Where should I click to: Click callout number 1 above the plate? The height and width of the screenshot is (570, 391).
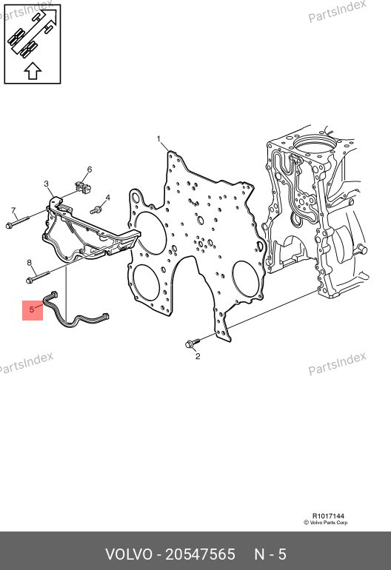click(158, 139)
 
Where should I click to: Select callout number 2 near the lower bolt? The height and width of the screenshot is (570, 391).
click(198, 356)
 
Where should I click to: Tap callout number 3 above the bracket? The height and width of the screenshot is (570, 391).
click(46, 184)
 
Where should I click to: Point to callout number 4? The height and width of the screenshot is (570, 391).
click(107, 198)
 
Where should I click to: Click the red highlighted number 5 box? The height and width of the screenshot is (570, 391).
click(33, 310)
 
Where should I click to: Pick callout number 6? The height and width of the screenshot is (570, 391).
click(90, 170)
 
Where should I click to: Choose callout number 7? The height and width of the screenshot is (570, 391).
click(13, 210)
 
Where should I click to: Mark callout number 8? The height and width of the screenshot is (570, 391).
click(29, 263)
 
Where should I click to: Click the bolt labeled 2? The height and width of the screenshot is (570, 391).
click(193, 343)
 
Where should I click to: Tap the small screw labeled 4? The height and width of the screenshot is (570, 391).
click(96, 209)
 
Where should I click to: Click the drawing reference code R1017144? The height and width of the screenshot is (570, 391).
click(328, 516)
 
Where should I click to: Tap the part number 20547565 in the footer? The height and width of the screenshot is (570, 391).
click(200, 554)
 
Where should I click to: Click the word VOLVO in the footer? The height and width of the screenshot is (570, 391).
click(129, 554)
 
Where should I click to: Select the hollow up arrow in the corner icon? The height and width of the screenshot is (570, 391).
click(33, 70)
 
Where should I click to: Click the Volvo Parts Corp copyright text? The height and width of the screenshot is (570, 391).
click(326, 523)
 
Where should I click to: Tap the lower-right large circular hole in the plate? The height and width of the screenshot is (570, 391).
click(247, 280)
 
